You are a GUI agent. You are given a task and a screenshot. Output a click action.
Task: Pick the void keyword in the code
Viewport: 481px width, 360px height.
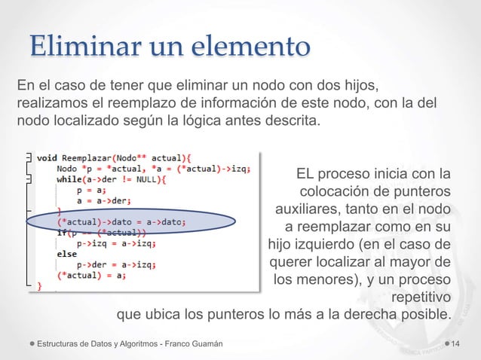click(x=51, y=157)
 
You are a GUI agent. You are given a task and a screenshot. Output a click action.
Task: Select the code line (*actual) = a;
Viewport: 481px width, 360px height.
click(x=91, y=275)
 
